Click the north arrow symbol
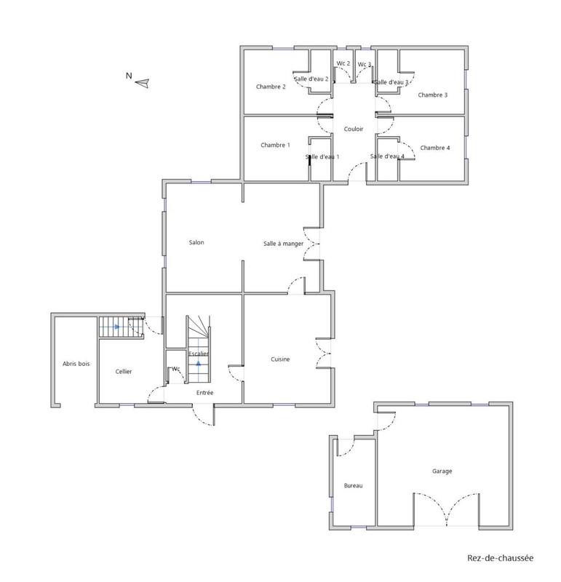(x=142, y=82)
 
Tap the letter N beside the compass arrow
(x=128, y=75)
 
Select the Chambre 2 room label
(x=271, y=87)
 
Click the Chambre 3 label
(x=432, y=95)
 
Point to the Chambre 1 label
(x=275, y=145)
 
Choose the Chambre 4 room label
(x=435, y=148)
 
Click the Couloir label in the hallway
(x=354, y=129)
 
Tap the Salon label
(x=196, y=242)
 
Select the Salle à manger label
(x=283, y=244)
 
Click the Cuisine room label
(x=281, y=359)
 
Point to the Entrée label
(x=204, y=393)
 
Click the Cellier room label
(x=124, y=371)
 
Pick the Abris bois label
(x=76, y=364)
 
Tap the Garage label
(x=442, y=471)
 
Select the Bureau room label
(x=353, y=485)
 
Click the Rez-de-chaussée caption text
(x=500, y=559)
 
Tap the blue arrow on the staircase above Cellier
(x=116, y=327)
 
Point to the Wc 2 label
(x=343, y=64)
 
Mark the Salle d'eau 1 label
(x=322, y=157)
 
